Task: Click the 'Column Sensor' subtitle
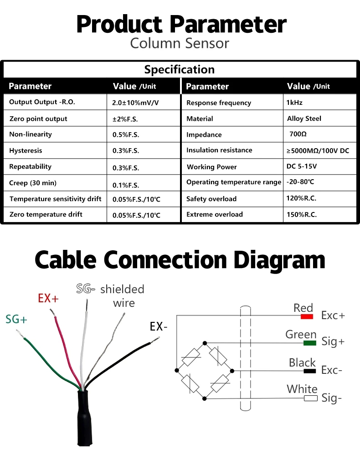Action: (180, 43)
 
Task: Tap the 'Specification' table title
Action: (180, 70)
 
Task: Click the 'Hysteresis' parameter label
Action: (26, 150)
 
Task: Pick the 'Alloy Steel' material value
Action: (304, 119)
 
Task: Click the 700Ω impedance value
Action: (298, 134)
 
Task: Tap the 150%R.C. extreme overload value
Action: (302, 214)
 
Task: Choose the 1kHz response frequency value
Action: (294, 103)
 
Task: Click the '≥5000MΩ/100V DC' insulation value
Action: (318, 150)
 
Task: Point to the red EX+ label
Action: (48, 299)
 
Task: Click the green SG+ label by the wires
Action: (16, 320)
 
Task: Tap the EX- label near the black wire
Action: (159, 326)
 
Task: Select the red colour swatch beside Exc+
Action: (307, 316)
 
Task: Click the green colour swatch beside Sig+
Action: (310, 343)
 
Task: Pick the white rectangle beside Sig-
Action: (311, 398)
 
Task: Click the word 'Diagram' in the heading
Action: (280, 260)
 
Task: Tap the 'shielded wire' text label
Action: (122, 295)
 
